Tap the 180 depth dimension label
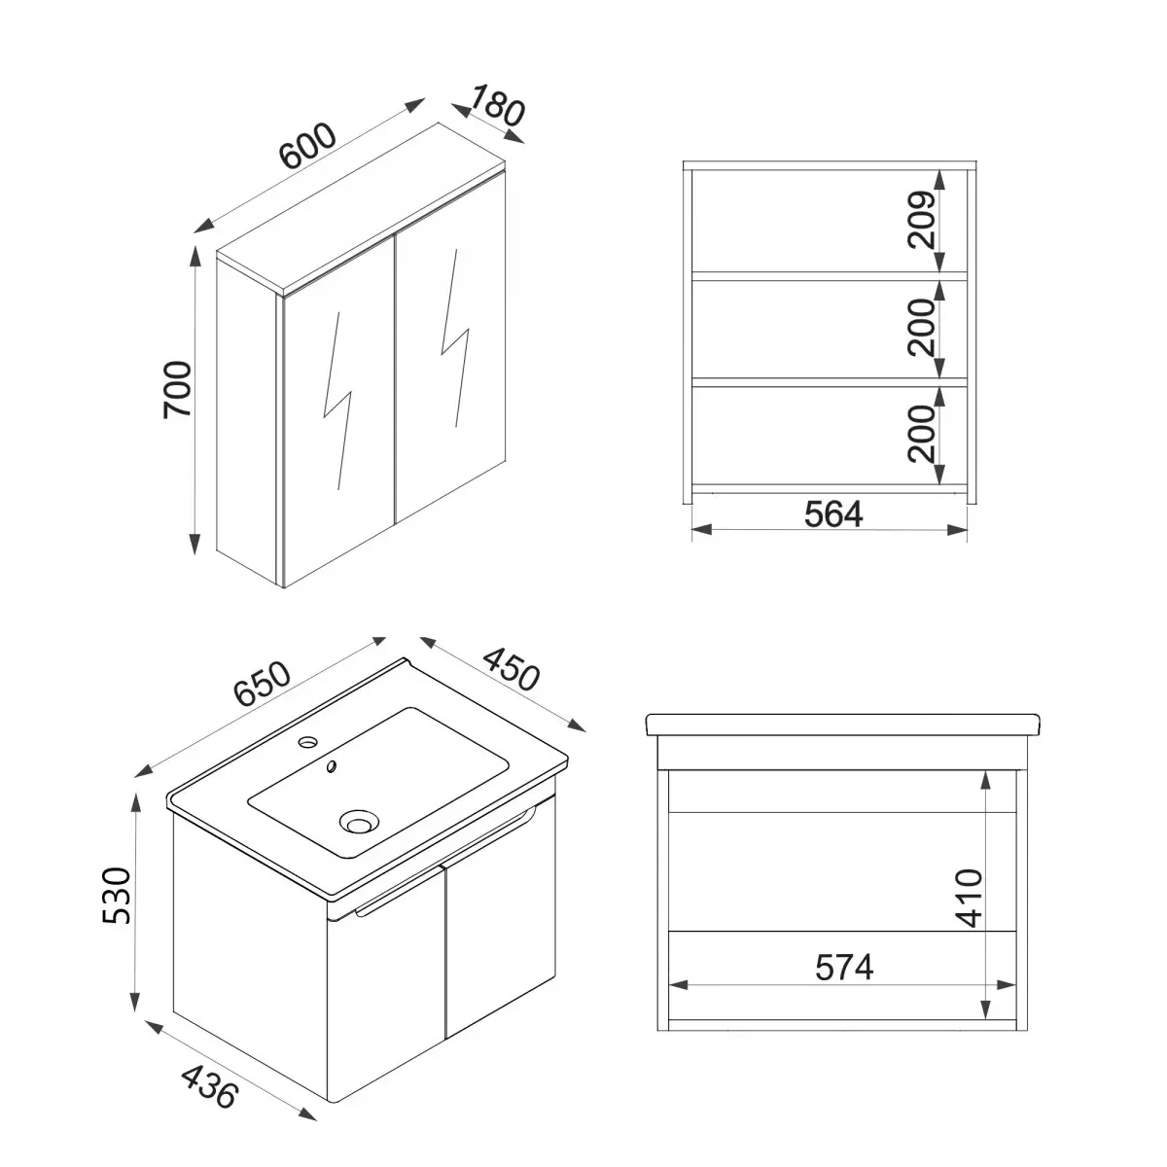pos(497,106)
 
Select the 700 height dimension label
pos(180,389)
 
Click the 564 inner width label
pos(833,513)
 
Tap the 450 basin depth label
pos(507,664)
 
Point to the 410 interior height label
pos(970,899)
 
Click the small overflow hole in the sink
pos(332,767)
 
